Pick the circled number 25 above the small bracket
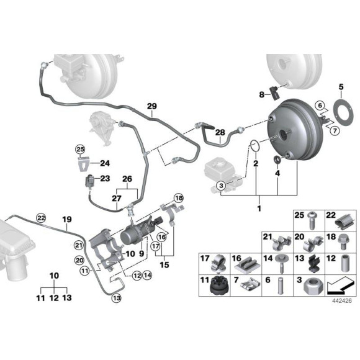pos(80,149)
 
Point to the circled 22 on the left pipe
pos(42,218)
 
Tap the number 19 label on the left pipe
pos(67,219)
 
